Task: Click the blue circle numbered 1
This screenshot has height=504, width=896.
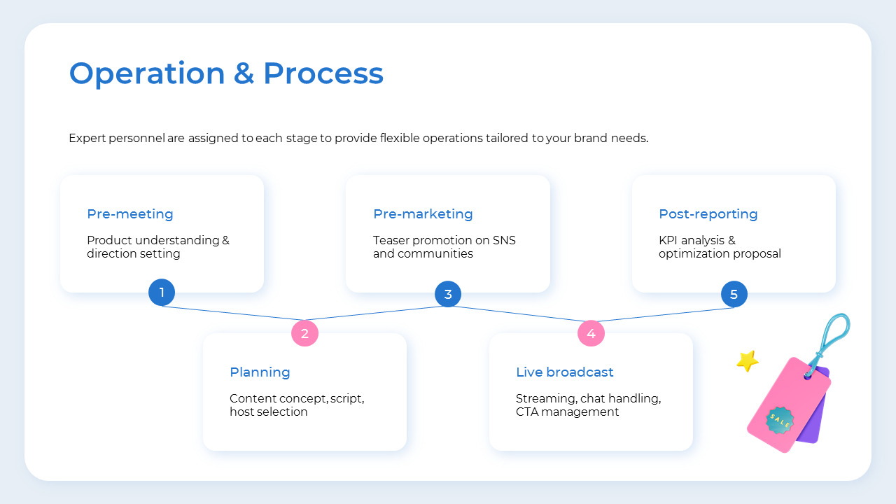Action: [x=162, y=293]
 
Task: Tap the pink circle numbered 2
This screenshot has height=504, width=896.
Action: [x=304, y=333]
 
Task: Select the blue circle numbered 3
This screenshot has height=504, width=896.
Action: [x=448, y=294]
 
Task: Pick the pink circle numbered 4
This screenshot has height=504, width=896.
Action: [x=591, y=333]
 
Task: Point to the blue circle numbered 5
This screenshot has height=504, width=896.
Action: [x=734, y=294]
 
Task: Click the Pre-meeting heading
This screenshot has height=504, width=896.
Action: [x=129, y=214]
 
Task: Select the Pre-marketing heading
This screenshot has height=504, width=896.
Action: [x=423, y=214]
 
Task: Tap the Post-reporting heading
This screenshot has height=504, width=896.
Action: [x=708, y=214]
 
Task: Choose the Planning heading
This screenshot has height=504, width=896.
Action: [x=260, y=372]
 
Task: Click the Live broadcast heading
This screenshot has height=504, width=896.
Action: [x=564, y=372]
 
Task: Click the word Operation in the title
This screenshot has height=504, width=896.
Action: [x=146, y=73]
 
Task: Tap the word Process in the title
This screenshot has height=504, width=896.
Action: [x=323, y=73]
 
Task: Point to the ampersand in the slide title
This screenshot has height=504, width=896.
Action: [x=244, y=73]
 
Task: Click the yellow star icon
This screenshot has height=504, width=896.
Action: [x=748, y=360]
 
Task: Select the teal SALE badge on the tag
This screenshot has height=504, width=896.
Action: [x=779, y=420]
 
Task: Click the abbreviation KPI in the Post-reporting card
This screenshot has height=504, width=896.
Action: [x=670, y=241]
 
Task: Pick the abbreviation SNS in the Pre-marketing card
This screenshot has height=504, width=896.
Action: [x=504, y=241]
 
